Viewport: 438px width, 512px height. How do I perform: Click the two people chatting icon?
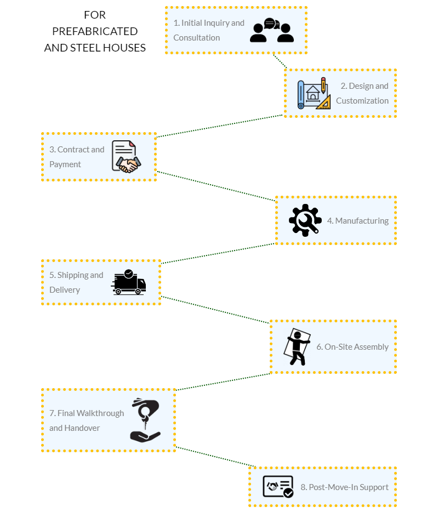tap(271, 31)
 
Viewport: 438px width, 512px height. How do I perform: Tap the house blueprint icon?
tap(314, 94)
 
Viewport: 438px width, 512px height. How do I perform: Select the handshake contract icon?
tap(126, 157)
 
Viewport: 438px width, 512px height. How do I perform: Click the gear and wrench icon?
tap(305, 220)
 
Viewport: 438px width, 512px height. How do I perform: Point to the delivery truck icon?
tap(129, 282)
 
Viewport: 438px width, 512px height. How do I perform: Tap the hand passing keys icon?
tap(145, 420)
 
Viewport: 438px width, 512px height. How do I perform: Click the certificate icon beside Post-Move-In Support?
tap(278, 486)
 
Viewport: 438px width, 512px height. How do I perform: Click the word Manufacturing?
tap(362, 221)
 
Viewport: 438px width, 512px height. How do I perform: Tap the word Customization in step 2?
tap(362, 101)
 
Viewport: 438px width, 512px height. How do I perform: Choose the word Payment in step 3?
tap(65, 164)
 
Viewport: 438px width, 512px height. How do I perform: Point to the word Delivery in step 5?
tap(65, 290)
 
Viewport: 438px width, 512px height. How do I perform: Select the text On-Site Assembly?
tap(352, 347)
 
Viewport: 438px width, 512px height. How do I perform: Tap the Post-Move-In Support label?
tap(344, 487)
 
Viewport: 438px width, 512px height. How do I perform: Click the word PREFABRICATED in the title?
tap(95, 31)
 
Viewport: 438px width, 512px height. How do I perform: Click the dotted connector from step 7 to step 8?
tap(213, 459)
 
